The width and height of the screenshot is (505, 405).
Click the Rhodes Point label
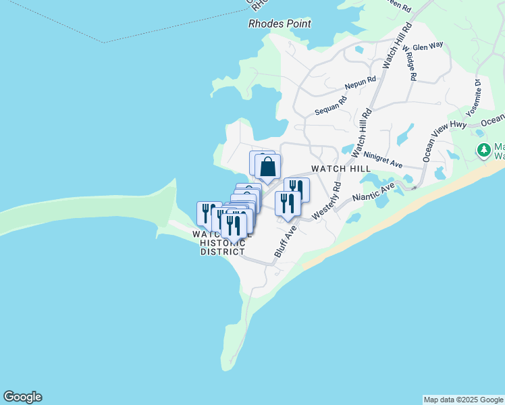tap(280, 24)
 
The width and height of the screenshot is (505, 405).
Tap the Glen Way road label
tap(427, 46)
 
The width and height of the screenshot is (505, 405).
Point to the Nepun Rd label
tap(360, 84)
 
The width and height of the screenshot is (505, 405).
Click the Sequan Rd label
tap(330, 105)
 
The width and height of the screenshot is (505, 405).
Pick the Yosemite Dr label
tap(473, 99)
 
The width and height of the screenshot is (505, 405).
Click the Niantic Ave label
tap(373, 192)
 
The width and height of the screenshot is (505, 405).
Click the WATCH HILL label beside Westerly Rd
tap(341, 168)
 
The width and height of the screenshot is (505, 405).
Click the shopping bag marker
tap(268, 166)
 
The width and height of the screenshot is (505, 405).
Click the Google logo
tap(22, 397)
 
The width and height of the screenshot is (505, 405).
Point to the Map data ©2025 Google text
tap(464, 400)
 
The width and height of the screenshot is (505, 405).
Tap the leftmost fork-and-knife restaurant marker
tap(209, 212)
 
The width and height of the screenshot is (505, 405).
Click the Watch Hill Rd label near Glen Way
tap(397, 46)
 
